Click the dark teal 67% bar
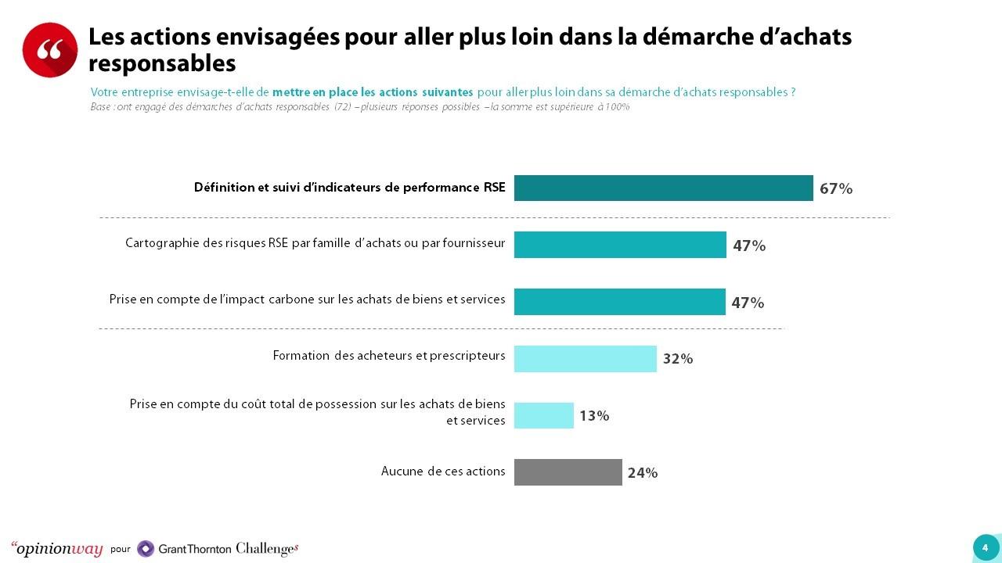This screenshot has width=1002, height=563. [x=663, y=188]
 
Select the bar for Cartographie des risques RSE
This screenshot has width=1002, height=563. [x=620, y=245]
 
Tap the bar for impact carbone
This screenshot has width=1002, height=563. [x=619, y=302]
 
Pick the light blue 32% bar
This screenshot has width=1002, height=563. [x=585, y=359]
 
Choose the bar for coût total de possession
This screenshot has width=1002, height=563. [x=543, y=415]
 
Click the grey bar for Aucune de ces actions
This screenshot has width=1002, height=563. [x=568, y=472]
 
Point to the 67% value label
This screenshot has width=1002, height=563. [x=835, y=188]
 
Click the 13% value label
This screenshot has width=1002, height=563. [x=594, y=416]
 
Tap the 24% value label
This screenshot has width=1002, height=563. [x=643, y=473]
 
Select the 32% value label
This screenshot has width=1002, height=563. [x=678, y=359]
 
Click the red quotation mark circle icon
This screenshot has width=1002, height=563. [x=49, y=50]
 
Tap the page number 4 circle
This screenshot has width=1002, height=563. [x=985, y=548]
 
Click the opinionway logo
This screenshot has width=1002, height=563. [x=57, y=548]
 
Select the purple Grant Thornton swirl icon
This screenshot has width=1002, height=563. [x=146, y=549]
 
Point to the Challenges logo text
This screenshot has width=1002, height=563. [x=267, y=549]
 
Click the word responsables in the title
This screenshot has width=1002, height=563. [x=162, y=63]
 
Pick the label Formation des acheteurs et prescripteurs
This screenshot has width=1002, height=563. [x=389, y=356]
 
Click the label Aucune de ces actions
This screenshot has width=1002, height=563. [x=443, y=471]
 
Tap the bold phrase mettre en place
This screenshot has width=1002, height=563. [x=315, y=92]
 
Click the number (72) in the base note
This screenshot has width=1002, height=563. [x=343, y=107]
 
